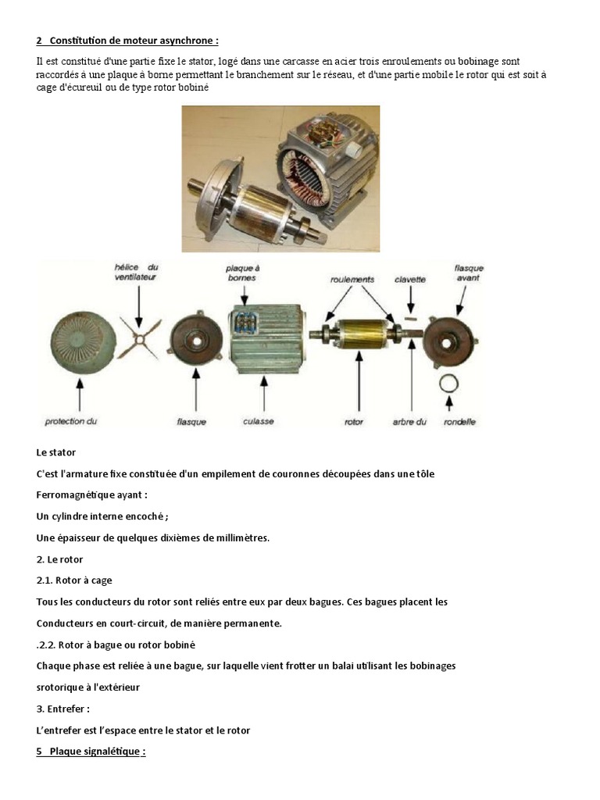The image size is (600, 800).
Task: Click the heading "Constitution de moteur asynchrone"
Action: coord(134,41)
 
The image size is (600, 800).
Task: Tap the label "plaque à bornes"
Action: coord(243,273)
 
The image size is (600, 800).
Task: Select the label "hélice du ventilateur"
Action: coord(136,272)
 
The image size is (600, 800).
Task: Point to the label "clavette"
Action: coord(409,280)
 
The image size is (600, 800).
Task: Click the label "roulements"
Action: coord(352,280)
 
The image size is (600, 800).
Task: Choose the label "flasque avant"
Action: coord(469,273)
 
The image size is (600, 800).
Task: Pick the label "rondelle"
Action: coord(459,422)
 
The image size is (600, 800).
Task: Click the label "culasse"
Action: coord(258,421)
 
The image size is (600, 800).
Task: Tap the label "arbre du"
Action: coord(409,422)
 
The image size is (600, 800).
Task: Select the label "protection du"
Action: coord(70,421)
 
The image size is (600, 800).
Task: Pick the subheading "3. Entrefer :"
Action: coord(62,709)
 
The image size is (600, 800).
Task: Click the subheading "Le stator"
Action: coord(56,452)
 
